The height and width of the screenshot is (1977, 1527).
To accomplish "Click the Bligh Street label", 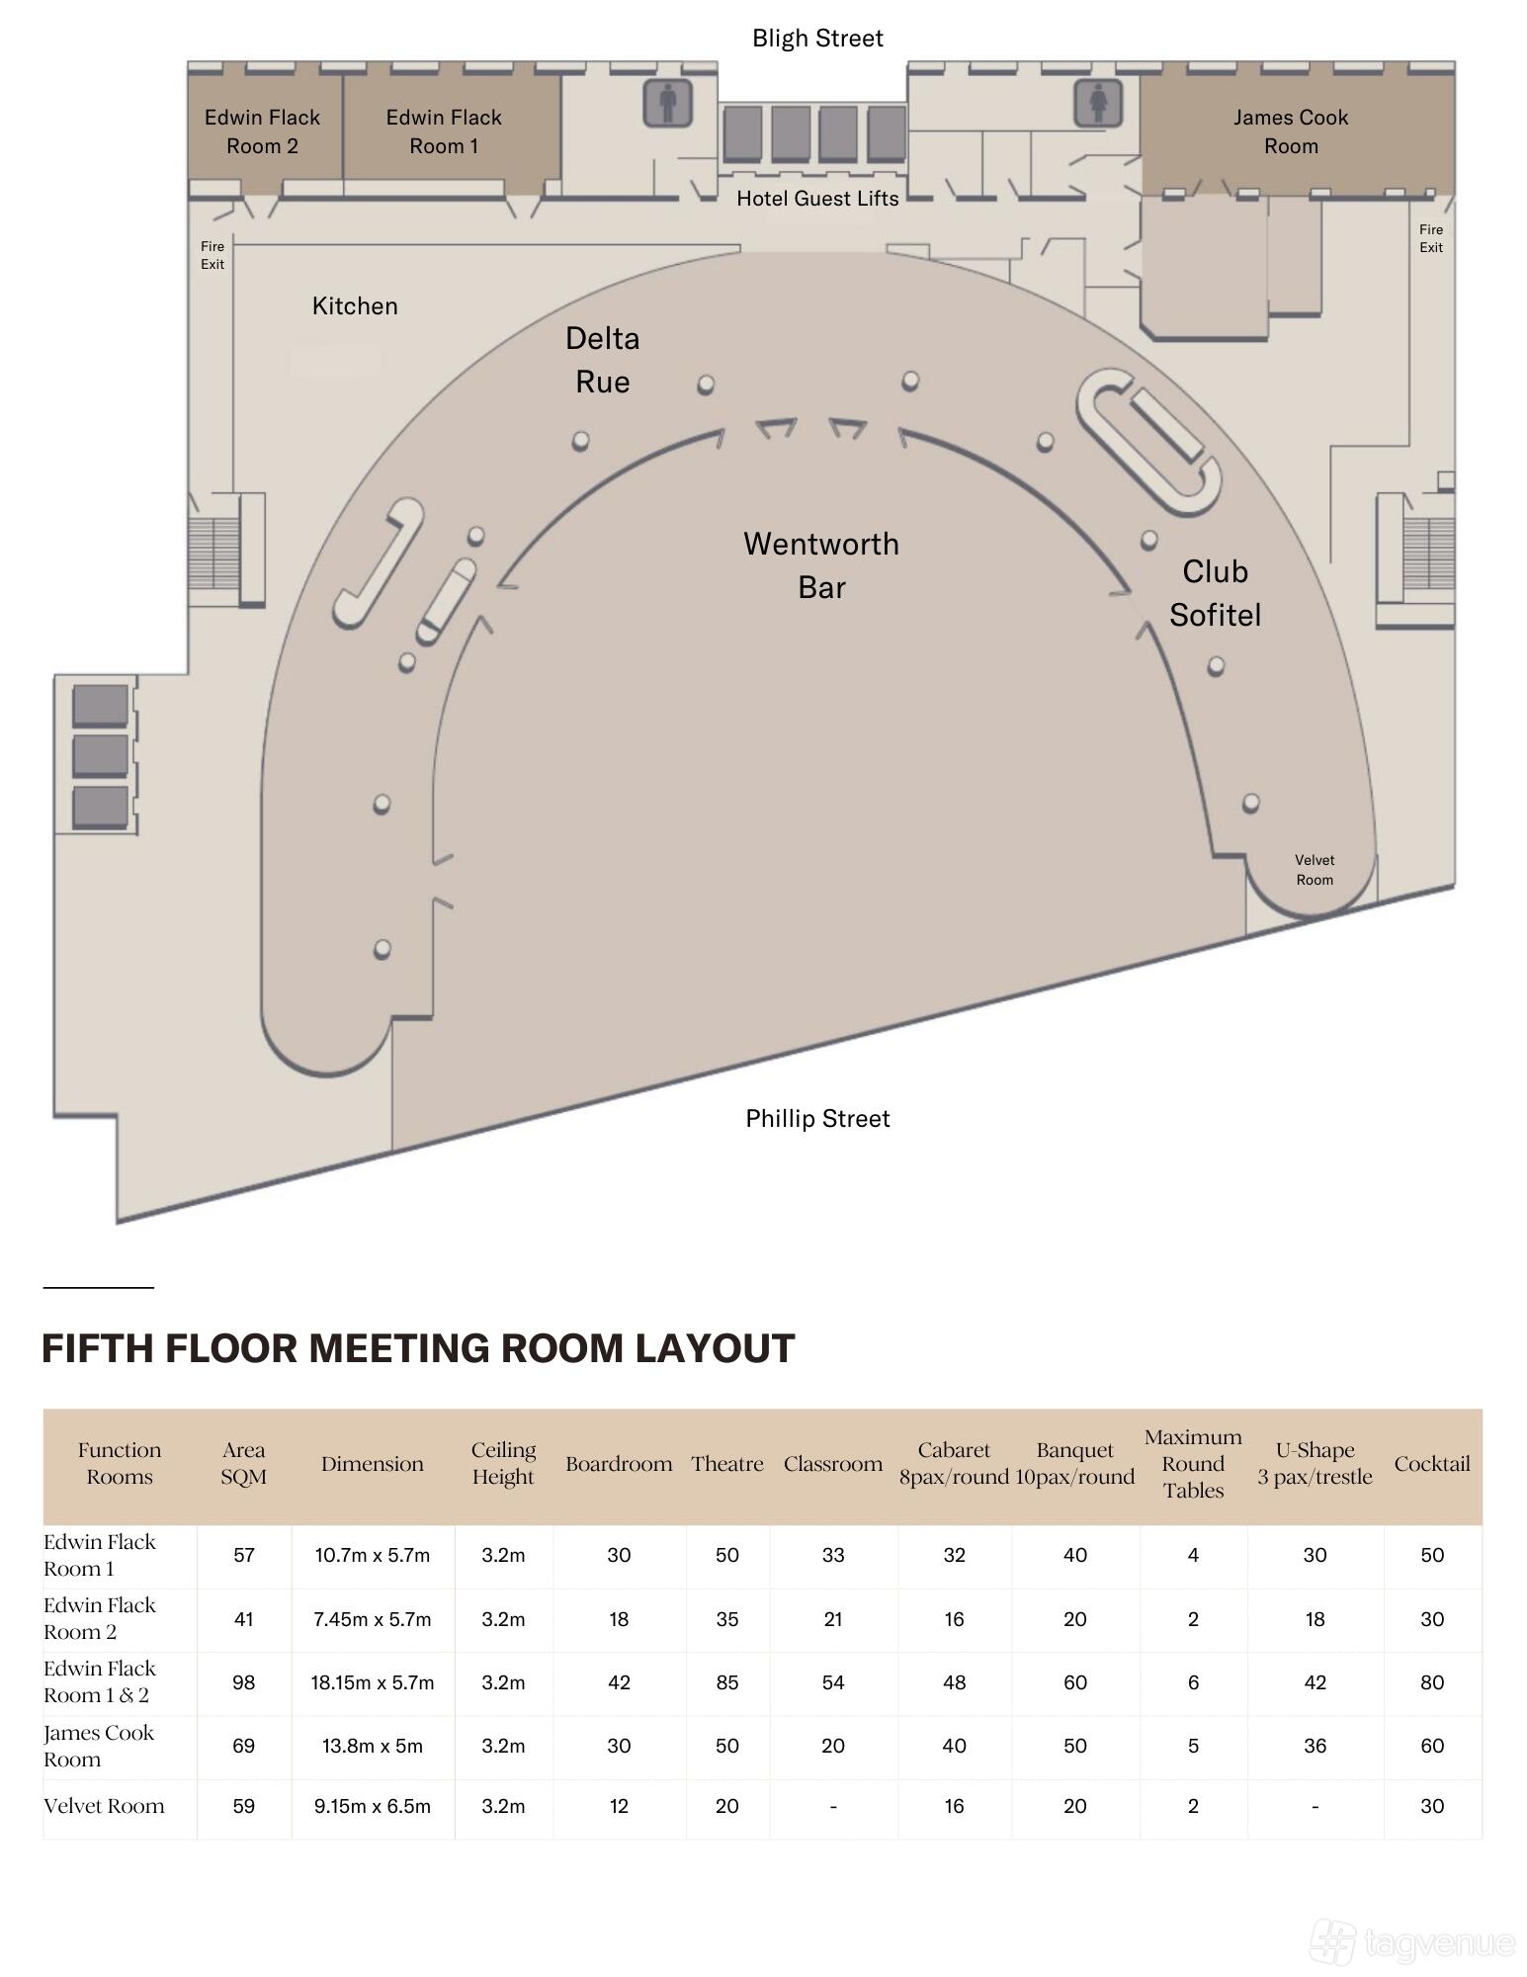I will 817,39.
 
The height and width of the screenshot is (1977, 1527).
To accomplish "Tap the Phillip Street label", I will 817,1118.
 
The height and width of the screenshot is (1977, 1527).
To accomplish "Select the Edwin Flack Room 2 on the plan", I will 263,131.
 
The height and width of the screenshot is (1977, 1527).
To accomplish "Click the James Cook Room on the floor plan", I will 1290,131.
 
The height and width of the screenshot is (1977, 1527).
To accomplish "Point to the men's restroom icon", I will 667,103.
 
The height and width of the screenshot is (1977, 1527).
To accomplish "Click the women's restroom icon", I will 1098,103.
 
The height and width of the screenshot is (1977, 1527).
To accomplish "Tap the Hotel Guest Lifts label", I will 817,199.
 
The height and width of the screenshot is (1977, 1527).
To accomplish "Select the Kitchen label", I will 355,306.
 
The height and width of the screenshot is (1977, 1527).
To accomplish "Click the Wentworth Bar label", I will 821,565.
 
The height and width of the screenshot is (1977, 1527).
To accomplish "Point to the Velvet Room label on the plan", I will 1315,870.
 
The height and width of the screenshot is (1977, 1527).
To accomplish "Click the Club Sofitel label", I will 1215,593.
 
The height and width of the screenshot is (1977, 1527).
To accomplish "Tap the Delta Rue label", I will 602,360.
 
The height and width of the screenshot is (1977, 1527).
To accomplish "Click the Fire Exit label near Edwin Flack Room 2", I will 212,255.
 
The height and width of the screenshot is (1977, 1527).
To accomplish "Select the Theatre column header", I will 726,1464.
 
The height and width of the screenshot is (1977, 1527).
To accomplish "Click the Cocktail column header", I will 1431,1464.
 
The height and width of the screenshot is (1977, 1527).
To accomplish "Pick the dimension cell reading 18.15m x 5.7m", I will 373,1682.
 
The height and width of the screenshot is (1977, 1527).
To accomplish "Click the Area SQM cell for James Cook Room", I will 244,1746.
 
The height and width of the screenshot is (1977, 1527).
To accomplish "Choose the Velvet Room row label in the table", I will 104,1806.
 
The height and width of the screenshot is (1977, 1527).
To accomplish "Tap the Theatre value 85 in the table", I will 726,1682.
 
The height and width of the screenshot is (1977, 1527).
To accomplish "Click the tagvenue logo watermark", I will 1413,1942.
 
